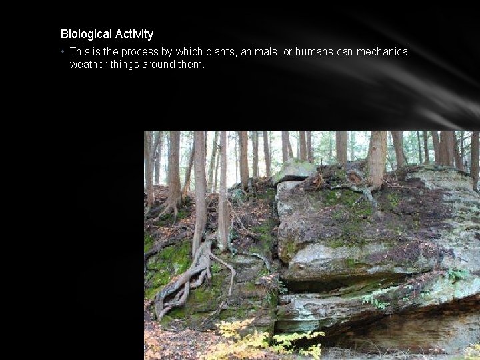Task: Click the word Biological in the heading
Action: pos(86,34)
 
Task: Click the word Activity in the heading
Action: pos(134,34)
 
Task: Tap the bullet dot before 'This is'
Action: pos(62,52)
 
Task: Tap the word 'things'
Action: pos(123,65)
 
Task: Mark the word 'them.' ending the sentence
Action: pos(191,65)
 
